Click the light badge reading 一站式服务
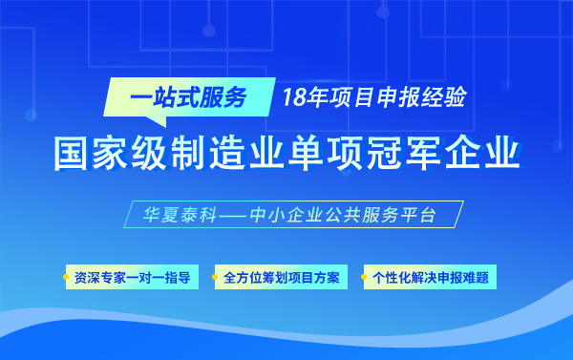coord(188,95)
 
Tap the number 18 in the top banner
coord(294,95)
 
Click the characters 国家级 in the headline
coord(110,154)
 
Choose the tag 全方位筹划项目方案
coord(280,278)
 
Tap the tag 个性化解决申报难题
coord(431,278)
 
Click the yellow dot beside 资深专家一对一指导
coord(67,279)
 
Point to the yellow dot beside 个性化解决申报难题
coord(365,279)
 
